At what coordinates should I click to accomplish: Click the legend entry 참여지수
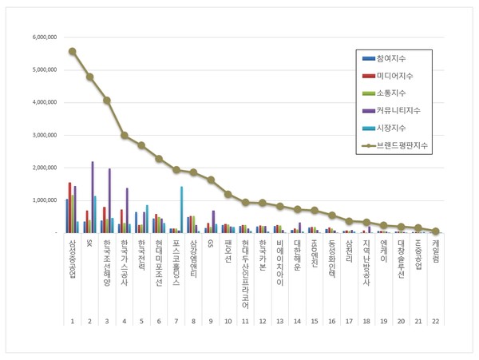394,58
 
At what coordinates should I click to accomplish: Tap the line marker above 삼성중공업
73,51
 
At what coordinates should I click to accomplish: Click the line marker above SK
89,77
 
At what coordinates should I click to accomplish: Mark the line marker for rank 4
125,136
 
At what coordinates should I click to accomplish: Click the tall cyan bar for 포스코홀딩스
181,209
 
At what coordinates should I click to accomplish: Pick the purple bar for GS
213,221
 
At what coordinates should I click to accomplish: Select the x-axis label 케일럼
435,251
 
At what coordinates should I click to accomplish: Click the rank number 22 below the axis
435,321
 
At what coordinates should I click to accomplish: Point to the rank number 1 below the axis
73,321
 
